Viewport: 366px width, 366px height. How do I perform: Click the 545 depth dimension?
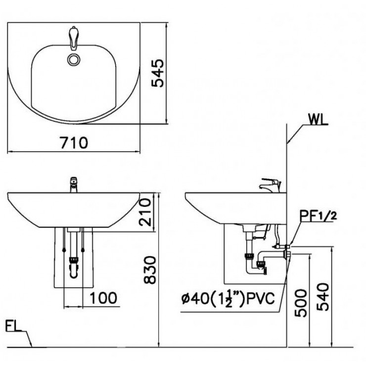[157, 73]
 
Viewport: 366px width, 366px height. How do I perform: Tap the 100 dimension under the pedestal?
[104, 298]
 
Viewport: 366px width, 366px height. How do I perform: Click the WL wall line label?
[317, 120]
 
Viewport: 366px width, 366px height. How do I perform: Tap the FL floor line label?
[15, 326]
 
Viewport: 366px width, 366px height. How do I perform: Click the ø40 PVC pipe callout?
[228, 298]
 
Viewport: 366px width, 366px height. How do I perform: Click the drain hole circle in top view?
[74, 60]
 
